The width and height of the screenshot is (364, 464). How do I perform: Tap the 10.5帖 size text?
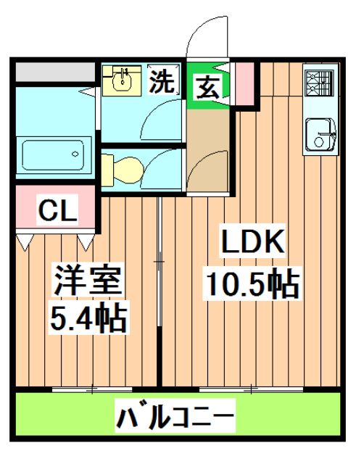[252, 284]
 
